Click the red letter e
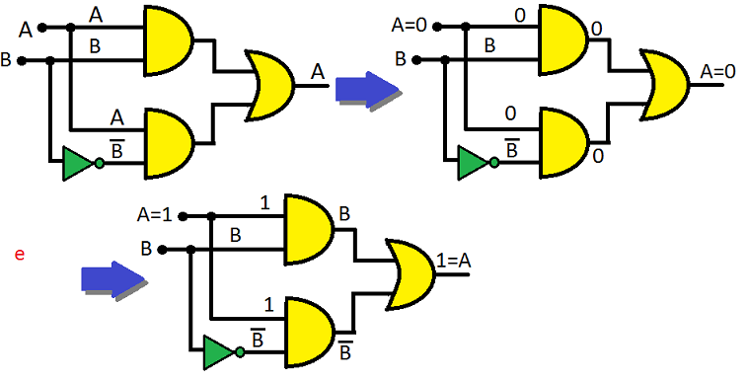[18, 255]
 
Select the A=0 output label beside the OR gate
[719, 72]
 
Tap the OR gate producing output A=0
[665, 87]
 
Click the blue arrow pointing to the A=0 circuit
[365, 89]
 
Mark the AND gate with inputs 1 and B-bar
[309, 330]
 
